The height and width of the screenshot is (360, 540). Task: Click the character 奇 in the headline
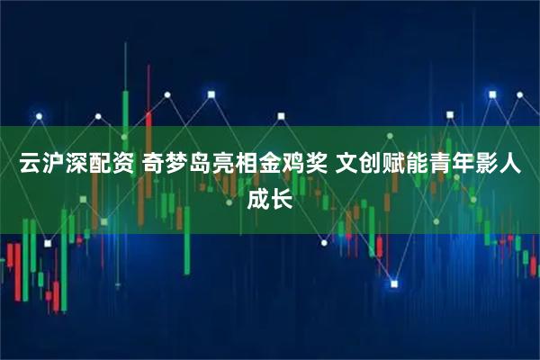pyautogui.click(x=155, y=165)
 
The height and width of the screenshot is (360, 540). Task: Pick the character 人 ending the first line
pyautogui.click(x=518, y=165)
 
